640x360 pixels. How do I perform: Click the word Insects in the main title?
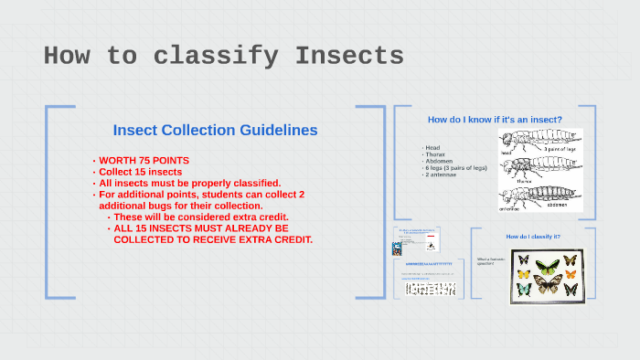pos(349,57)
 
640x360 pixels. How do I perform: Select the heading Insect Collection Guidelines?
pos(215,131)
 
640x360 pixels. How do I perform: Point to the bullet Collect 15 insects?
pos(141,172)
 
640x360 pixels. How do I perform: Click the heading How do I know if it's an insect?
pos(495,120)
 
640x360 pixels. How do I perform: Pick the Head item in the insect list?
pos(432,147)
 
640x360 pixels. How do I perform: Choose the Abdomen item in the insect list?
pos(439,162)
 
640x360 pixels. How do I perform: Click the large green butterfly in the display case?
pos(547,268)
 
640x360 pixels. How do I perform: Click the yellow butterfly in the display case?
pos(524,273)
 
